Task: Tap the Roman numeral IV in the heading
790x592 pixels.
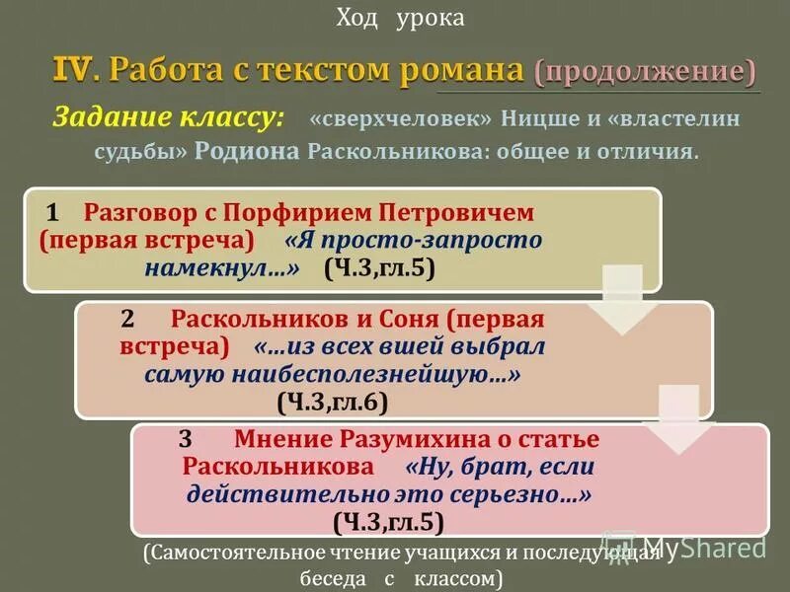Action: click(74, 71)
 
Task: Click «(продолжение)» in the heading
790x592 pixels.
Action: click(646, 72)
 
